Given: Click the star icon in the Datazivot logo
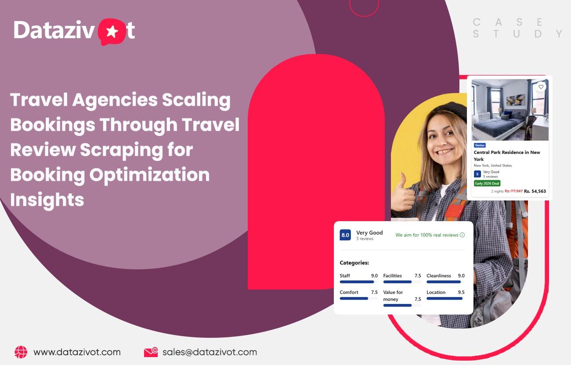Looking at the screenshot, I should pos(112,32).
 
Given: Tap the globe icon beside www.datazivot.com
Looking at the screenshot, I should pos(21,352).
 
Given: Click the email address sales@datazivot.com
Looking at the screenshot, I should pos(210,352).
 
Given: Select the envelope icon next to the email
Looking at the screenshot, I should pos(151,352).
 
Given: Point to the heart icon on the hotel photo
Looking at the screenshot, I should pos(541,87).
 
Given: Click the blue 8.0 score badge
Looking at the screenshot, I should pos(345,235).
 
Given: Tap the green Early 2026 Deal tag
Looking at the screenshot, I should pos(487,183).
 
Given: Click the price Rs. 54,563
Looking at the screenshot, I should pos(535,191).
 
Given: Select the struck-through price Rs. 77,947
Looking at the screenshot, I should pos(513,191).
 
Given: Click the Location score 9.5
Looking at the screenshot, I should pos(461,292).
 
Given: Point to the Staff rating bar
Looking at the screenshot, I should pos(358,282).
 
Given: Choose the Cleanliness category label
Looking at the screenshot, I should pos(438,276).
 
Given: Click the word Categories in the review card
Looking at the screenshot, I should pos(354,263).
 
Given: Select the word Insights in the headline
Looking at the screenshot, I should pos(47,200).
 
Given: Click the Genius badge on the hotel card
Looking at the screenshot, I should pos(480,145).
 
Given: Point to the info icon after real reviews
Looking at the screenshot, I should pos(462,235).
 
